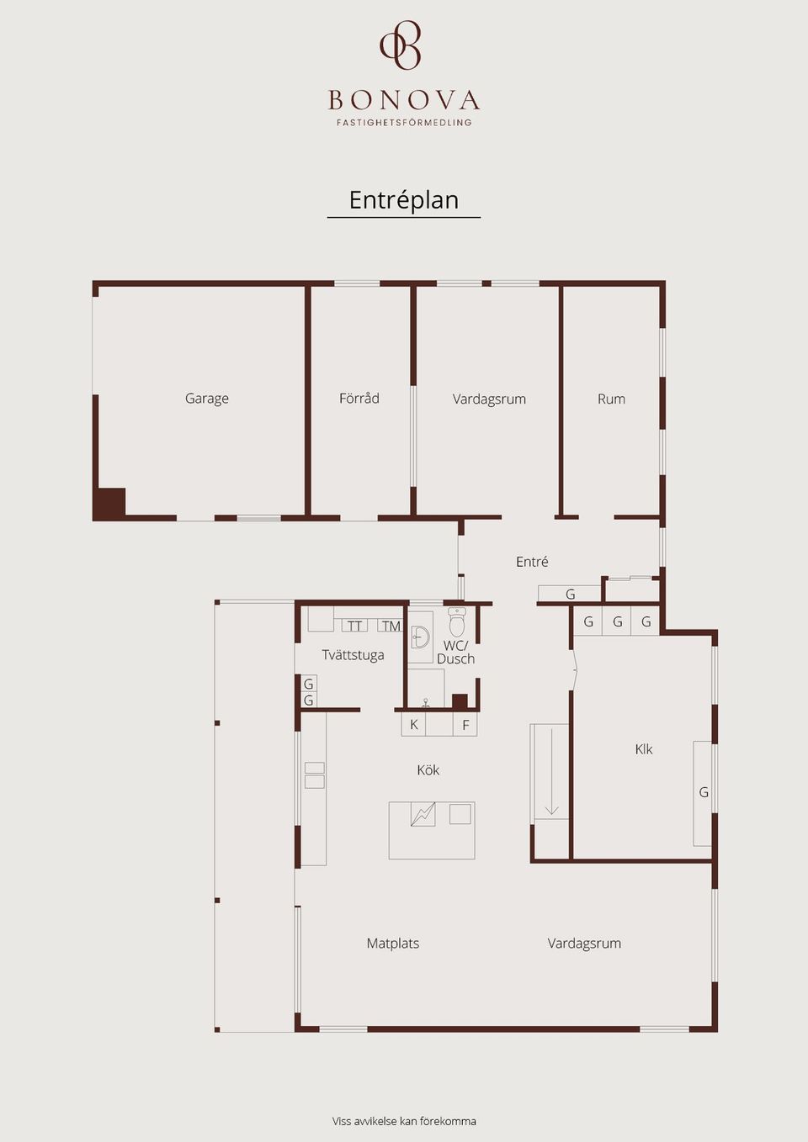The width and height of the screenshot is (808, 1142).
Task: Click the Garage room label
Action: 206,398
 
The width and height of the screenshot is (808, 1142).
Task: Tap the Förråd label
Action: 359,398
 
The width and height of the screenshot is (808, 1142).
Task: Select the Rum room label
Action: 611,399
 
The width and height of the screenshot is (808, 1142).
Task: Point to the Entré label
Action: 532,561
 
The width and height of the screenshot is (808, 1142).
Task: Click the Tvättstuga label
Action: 353,655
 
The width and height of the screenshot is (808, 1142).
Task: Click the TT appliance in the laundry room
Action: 354,626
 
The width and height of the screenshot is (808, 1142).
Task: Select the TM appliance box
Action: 391,626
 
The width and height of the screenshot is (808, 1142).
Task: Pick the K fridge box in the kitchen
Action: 414,724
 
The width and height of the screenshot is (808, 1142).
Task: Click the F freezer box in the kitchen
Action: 465,724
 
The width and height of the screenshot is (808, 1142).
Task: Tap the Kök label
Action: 428,769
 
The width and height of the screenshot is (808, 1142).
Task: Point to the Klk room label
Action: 644,749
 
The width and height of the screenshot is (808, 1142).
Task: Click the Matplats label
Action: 393,944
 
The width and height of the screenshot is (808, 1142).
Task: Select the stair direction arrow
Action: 552,771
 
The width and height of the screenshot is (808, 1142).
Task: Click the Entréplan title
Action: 404,199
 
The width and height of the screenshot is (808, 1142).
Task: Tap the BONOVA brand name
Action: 404,100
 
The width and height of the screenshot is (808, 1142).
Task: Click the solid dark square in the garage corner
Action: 109,505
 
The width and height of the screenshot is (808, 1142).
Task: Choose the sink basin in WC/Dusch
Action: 419,637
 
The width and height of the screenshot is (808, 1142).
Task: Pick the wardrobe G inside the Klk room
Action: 703,793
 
